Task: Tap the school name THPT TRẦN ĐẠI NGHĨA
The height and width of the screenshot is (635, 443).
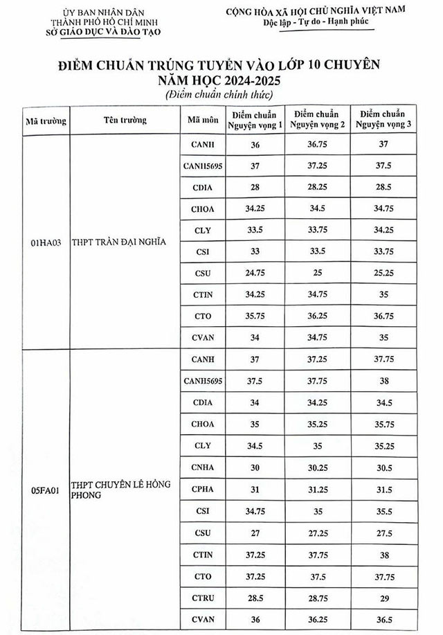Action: [x=120, y=243]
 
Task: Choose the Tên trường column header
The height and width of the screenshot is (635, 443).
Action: [x=125, y=119]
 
